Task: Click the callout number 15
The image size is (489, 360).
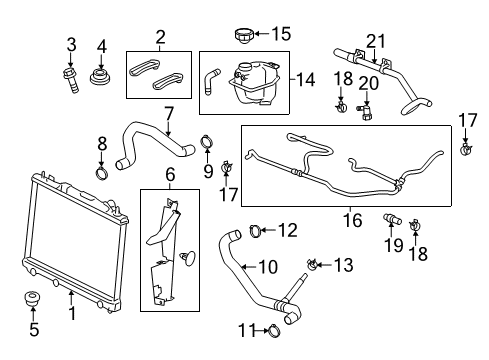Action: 283,35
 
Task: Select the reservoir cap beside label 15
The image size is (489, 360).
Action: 243,36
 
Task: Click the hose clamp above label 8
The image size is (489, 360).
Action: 103,179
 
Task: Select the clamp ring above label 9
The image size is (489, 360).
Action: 208,141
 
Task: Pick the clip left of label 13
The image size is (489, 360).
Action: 313,264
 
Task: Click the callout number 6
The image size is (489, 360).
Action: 169,174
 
